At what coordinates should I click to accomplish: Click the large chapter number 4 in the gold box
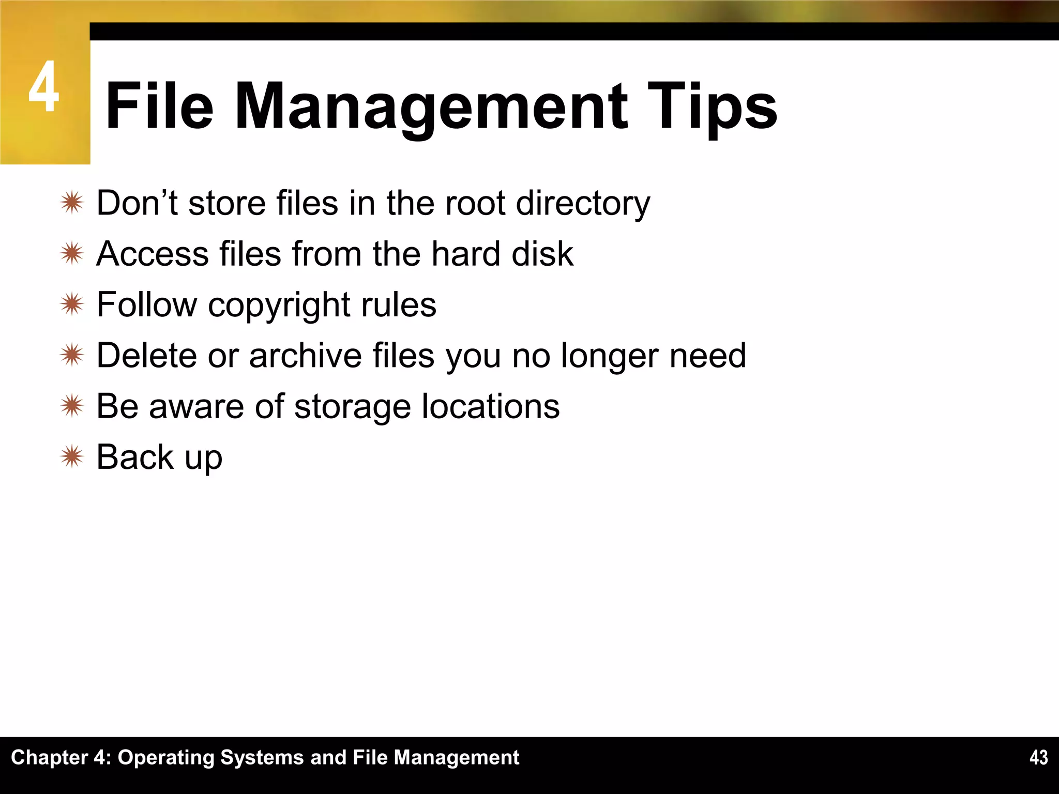click(x=44, y=87)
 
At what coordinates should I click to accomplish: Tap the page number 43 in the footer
click(x=1038, y=757)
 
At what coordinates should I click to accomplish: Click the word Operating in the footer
click(x=165, y=758)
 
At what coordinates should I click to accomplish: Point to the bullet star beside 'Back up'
click(x=71, y=457)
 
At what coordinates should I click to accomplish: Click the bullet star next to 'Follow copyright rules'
click(x=71, y=304)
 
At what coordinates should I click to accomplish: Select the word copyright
click(x=279, y=305)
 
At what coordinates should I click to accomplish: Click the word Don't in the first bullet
click(x=137, y=203)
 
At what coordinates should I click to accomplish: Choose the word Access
click(x=152, y=254)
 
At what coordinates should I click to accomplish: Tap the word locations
click(x=491, y=406)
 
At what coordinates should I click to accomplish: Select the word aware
click(x=196, y=406)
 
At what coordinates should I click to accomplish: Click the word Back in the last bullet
click(x=135, y=457)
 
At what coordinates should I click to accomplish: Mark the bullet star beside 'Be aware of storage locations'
click(x=71, y=406)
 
